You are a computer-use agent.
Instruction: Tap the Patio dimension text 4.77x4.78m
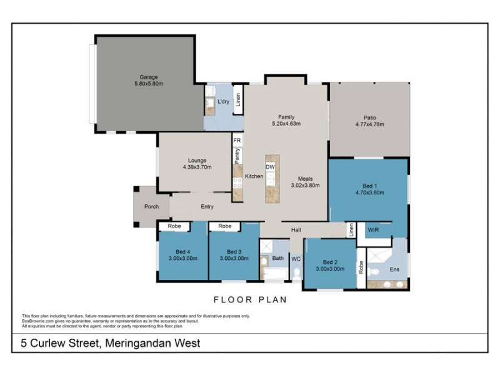click(369, 124)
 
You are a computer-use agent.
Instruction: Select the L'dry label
click(223, 101)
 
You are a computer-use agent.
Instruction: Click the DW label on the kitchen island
click(270, 167)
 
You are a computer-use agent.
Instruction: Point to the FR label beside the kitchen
click(237, 141)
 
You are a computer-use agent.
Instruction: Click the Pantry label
click(237, 156)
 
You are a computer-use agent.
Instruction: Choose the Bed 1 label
click(369, 186)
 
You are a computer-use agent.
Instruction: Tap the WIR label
click(373, 230)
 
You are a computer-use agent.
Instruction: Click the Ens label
click(394, 269)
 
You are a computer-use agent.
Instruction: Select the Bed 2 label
click(329, 262)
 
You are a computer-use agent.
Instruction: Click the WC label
click(296, 258)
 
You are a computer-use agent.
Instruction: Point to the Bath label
click(278, 258)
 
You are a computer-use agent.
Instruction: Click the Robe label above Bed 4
click(174, 226)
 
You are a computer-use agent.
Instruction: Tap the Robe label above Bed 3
click(225, 226)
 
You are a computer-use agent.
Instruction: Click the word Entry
click(207, 207)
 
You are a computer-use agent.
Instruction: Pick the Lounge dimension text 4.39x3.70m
click(197, 167)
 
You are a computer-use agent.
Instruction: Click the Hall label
click(296, 230)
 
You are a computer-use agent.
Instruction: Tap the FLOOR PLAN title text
click(250, 300)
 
